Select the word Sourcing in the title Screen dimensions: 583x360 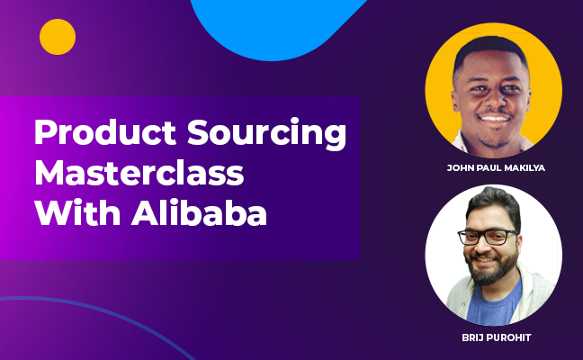pyautogui.click(x=266, y=134)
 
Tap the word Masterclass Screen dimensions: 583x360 pyautogui.click(x=139, y=173)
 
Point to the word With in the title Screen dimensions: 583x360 pyautogui.click(x=77, y=213)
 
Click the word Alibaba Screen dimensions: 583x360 pyautogui.click(x=199, y=213)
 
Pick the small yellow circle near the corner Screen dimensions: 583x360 pyautogui.click(x=58, y=37)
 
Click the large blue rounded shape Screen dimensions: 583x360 pyautogui.click(x=275, y=26)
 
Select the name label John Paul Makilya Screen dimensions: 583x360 pyautogui.click(x=496, y=168)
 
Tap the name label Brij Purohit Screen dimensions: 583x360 pyautogui.click(x=497, y=337)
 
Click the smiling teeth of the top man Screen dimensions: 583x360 pyautogui.click(x=495, y=119)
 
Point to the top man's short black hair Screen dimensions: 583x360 pyautogui.click(x=490, y=50)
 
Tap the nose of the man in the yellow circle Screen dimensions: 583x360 pyautogui.click(x=493, y=100)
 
